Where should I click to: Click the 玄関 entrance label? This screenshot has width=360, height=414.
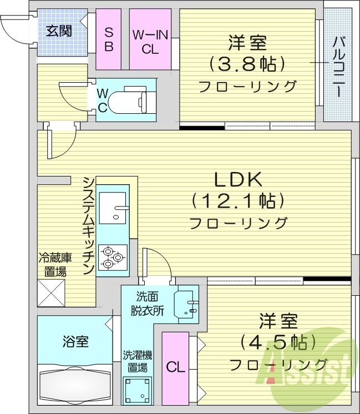(58, 31)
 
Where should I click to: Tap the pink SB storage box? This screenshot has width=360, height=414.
(109, 38)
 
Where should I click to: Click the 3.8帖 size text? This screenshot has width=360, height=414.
(247, 64)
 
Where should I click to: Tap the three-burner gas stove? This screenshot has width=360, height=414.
(113, 257)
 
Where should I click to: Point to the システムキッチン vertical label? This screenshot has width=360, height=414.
(88, 225)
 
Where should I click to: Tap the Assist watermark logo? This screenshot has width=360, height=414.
(311, 372)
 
